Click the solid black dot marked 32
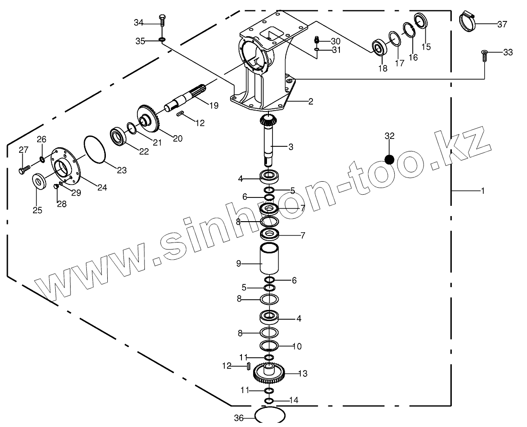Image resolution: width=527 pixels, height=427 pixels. click(x=389, y=159)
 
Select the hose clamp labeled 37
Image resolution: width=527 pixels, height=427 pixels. click(x=468, y=21)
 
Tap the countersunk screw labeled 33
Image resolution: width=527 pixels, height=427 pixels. click(x=484, y=56)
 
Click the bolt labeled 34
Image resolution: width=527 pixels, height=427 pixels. click(x=162, y=21)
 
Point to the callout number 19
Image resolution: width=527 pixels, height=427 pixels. click(x=214, y=105)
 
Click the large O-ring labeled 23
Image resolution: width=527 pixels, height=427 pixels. click(x=96, y=150)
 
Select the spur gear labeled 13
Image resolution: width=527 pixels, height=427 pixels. click(x=269, y=373)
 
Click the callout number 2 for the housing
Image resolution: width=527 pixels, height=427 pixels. click(x=311, y=101)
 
